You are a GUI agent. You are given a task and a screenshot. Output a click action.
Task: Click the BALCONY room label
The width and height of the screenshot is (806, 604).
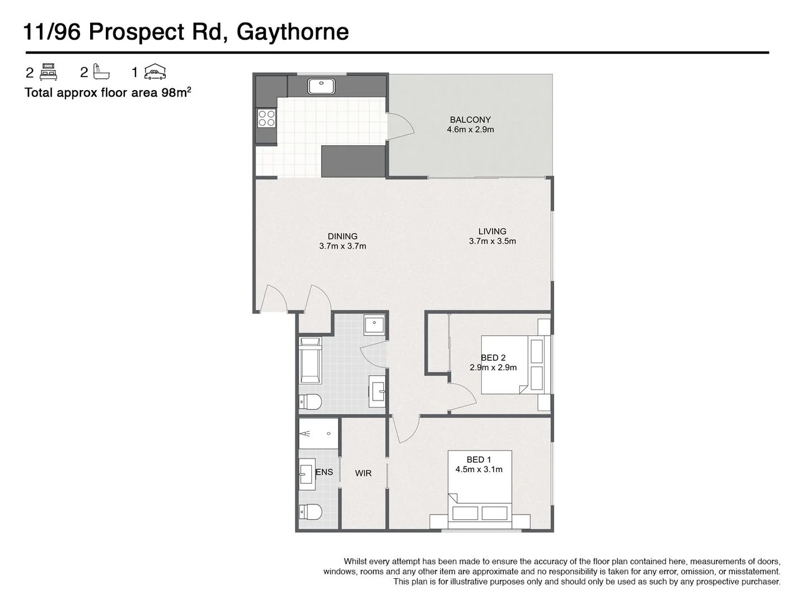(x=470, y=120)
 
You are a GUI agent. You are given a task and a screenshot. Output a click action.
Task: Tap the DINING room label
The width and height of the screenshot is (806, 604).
(x=343, y=237)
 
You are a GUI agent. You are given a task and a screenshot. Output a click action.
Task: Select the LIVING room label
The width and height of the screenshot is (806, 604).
(x=492, y=232)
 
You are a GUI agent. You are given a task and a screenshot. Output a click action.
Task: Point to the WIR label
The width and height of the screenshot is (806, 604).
(x=363, y=473)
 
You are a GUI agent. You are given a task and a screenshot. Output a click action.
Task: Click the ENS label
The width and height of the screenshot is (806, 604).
(x=324, y=472)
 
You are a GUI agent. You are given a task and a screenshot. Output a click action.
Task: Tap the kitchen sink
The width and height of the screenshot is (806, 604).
(x=321, y=86)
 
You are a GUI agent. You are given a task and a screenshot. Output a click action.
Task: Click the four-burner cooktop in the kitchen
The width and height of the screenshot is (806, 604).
(x=266, y=117)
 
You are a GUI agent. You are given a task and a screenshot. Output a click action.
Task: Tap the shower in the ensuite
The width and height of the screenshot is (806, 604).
(x=318, y=433)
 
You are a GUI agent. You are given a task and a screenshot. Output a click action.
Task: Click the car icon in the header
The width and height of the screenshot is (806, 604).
(x=155, y=72)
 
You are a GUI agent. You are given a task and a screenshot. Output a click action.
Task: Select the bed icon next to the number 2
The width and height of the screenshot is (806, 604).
(x=49, y=72)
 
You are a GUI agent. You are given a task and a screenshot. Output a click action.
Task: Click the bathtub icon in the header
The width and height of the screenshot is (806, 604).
(x=101, y=72)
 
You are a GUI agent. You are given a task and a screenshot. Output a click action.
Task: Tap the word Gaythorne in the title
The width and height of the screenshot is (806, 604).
(x=293, y=32)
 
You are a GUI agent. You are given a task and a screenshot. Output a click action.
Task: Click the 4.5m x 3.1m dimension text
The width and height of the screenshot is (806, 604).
(x=479, y=470)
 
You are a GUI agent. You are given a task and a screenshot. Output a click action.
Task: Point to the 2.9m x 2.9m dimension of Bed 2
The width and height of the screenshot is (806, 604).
(x=493, y=368)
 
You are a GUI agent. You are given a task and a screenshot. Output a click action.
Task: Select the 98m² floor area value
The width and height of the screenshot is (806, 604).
(x=176, y=93)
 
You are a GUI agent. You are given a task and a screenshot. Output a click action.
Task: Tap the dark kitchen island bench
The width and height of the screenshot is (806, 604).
(x=353, y=161)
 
